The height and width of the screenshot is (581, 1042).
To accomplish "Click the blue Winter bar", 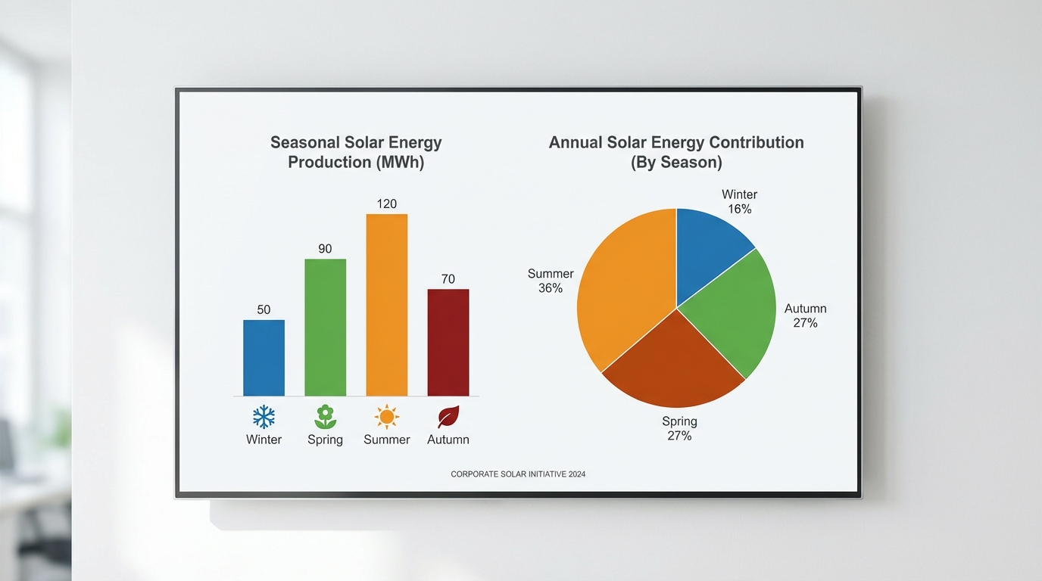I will pyautogui.click(x=264, y=358).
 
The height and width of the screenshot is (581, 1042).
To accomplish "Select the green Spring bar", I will pyautogui.click(x=325, y=328).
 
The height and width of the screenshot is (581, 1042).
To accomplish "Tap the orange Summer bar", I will pyautogui.click(x=386, y=305).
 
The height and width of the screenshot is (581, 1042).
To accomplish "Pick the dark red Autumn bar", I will pyautogui.click(x=448, y=343).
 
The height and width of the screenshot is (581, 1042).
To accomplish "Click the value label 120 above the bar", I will pyautogui.click(x=386, y=204).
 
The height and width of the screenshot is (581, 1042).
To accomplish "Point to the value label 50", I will pyautogui.click(x=264, y=309).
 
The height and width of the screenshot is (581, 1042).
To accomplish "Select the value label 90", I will pyautogui.click(x=325, y=249).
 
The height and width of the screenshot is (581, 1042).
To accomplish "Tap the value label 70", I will pyautogui.click(x=448, y=279).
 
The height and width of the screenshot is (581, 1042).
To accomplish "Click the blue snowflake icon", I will pyautogui.click(x=264, y=417).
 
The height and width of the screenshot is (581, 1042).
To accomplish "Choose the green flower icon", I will pyautogui.click(x=325, y=417).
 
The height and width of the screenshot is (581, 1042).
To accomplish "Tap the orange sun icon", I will pyautogui.click(x=386, y=417).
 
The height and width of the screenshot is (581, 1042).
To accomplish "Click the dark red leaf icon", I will pyautogui.click(x=448, y=417).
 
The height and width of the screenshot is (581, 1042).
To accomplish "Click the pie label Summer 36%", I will pyautogui.click(x=551, y=281).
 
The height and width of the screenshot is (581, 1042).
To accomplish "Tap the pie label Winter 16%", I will pyautogui.click(x=739, y=202).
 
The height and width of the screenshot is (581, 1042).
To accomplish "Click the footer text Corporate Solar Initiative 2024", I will pyautogui.click(x=518, y=474).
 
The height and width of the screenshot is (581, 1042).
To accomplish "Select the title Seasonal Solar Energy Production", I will pyautogui.click(x=356, y=152).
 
